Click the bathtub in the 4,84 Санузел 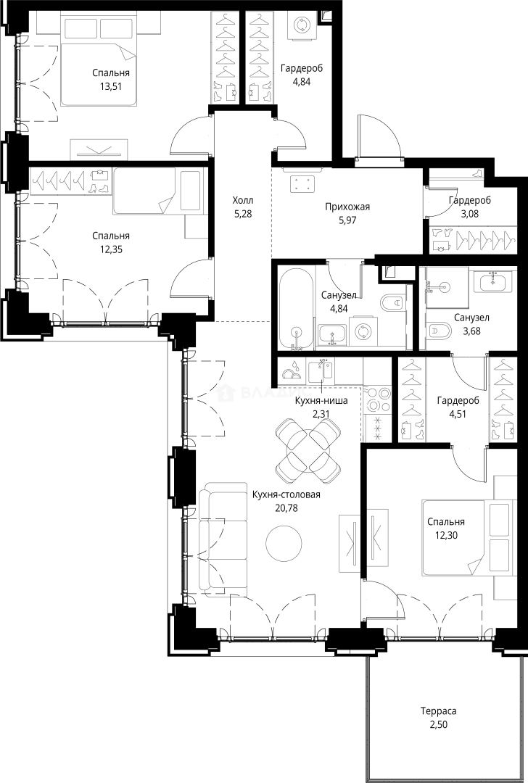pos(295,309)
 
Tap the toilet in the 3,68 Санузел pos(439,331)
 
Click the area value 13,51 pos(111,86)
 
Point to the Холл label pos(243,200)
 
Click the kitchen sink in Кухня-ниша pos(321,371)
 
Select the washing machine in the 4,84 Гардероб pos(301,25)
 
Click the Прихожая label pos(347,207)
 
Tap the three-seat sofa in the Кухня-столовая pos(223,539)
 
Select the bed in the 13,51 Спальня pos(98,61)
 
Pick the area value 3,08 pos(469,213)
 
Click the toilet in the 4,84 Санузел pos(392,302)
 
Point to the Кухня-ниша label pos(321,400)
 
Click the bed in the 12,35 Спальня pos(157,191)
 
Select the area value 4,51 pos(458,413)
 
